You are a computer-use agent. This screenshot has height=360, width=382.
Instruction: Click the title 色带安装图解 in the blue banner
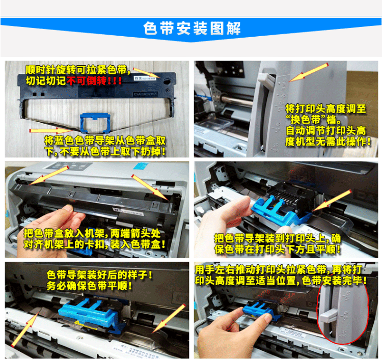192,29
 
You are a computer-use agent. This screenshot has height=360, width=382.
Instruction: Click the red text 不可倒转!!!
94,81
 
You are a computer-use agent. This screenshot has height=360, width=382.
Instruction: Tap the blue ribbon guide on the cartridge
95,123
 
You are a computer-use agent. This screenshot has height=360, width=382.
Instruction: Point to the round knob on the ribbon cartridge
167,81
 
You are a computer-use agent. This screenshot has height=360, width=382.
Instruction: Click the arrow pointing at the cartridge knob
147,73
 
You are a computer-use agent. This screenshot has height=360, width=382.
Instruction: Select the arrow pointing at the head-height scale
309,72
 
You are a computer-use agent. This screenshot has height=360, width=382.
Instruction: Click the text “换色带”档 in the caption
314,120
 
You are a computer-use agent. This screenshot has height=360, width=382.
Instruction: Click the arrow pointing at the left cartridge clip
48,175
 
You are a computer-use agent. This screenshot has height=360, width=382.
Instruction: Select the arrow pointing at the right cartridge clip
150,187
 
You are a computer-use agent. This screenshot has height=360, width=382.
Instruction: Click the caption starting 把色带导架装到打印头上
278,243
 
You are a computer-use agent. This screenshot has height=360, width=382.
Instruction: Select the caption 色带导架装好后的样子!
99,275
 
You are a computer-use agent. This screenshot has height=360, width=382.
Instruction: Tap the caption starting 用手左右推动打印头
281,275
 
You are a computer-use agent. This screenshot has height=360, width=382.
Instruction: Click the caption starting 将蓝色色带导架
105,146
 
